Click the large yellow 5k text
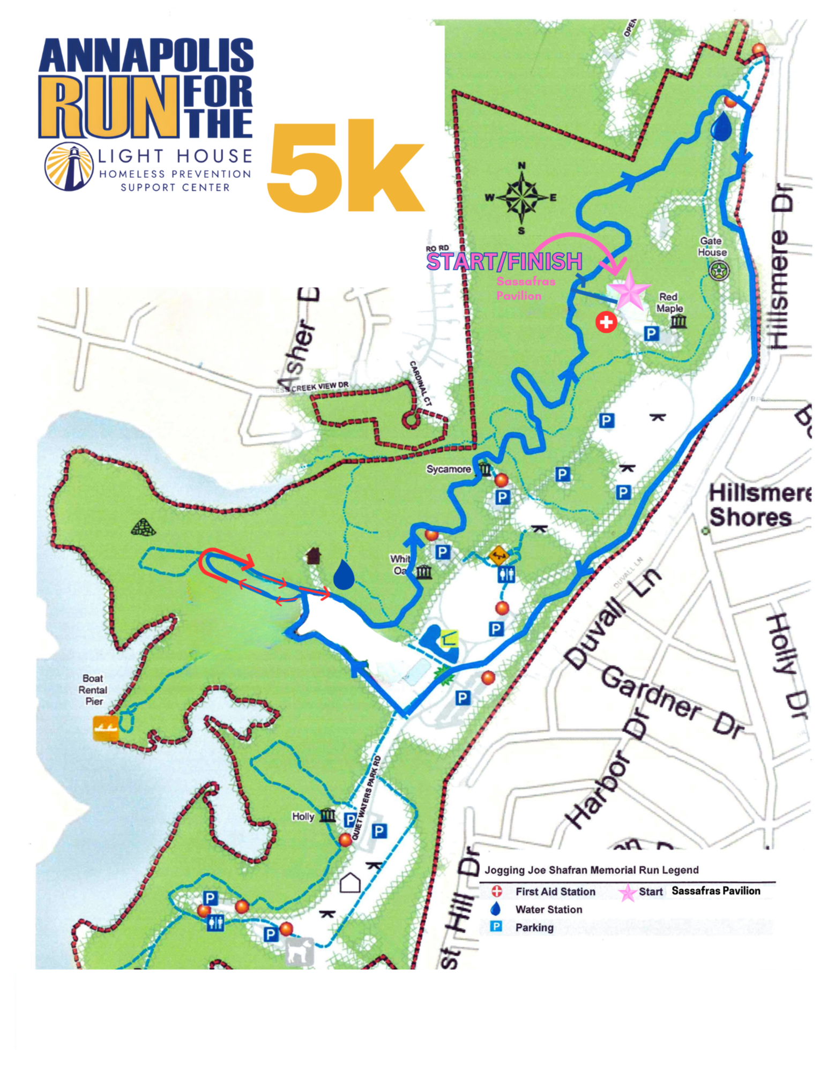point(346,166)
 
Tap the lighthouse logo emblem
point(69,167)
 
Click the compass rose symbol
point(521,198)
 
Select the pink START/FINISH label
point(504,261)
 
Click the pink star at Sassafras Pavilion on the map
point(630,290)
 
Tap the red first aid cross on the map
point(606,322)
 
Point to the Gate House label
point(712,246)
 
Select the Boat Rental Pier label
point(93,690)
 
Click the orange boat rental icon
point(106,728)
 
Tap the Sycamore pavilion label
point(448,469)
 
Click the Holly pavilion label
point(303,817)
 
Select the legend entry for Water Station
point(548,909)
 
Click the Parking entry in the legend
point(534,927)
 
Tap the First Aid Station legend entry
point(555,892)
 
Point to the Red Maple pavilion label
point(669,302)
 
